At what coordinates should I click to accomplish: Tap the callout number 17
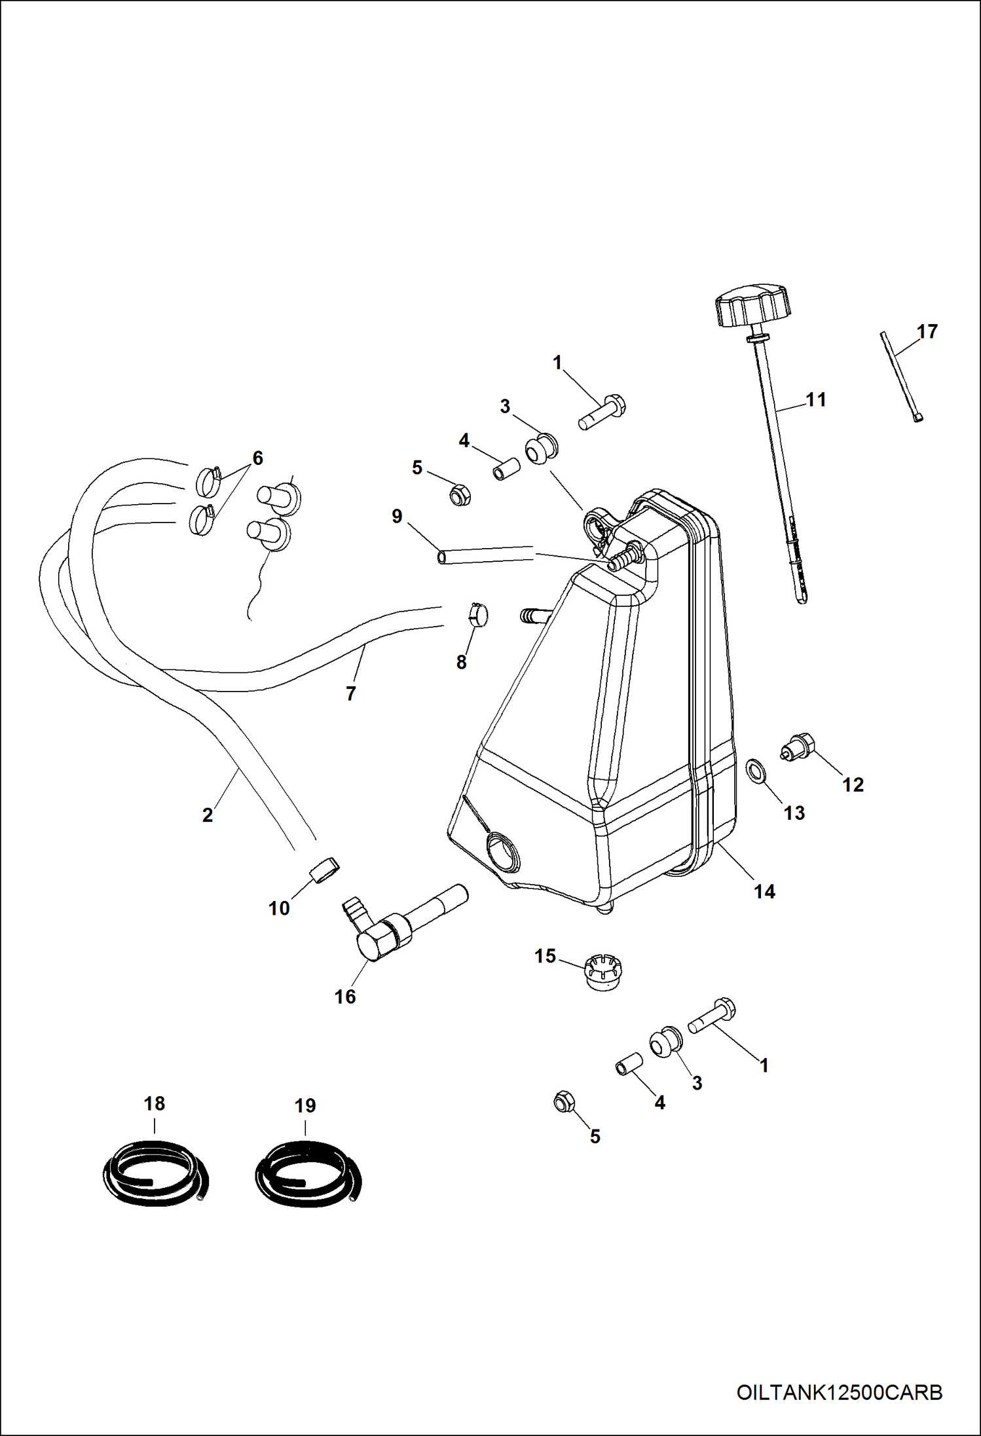[x=927, y=331]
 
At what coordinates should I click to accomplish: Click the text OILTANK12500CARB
[x=839, y=1392]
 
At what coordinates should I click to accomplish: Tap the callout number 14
[x=764, y=891]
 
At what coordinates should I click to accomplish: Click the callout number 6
[x=257, y=458]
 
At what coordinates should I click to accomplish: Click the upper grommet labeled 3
[x=541, y=450]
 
